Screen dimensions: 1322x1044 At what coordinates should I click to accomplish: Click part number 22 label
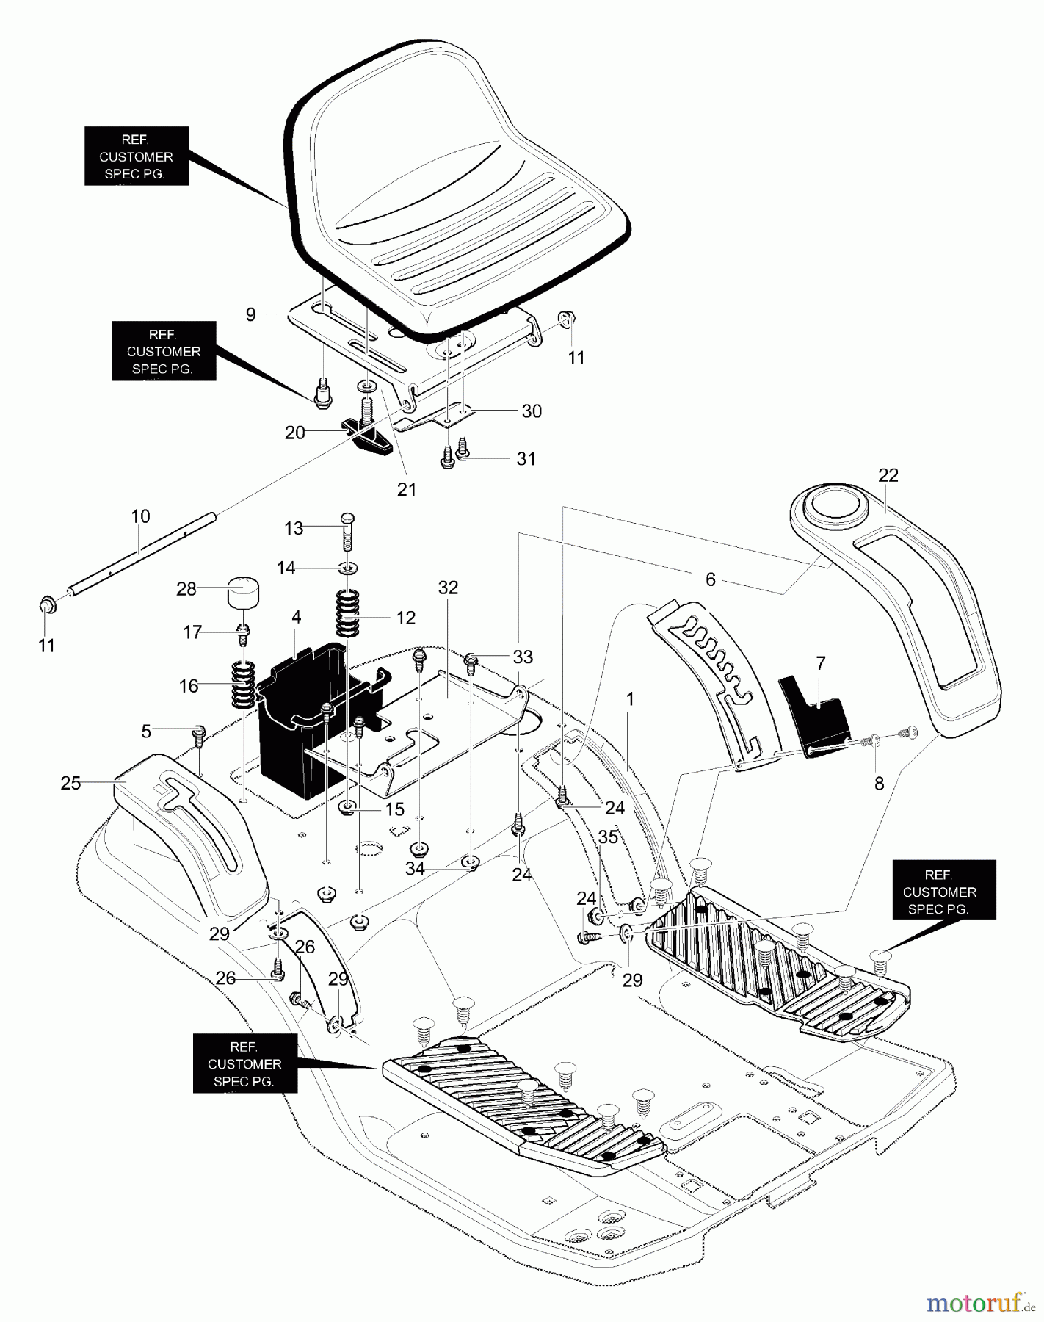point(888,475)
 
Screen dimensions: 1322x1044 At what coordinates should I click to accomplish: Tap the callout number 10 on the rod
point(140,516)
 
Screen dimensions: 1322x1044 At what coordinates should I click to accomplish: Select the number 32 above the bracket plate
point(448,588)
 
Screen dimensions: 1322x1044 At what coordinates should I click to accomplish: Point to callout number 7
point(820,663)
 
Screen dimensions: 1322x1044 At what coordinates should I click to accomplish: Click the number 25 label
point(70,783)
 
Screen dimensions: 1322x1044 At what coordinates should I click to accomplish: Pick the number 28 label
point(186,589)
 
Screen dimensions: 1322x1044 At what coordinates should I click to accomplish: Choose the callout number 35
point(608,837)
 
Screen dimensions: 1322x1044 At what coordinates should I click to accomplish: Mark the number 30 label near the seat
point(532,411)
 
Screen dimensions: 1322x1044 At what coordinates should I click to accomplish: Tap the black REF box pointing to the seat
point(136,156)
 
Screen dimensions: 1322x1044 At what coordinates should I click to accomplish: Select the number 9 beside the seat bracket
point(251,314)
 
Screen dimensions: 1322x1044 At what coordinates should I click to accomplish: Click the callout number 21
point(407,489)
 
